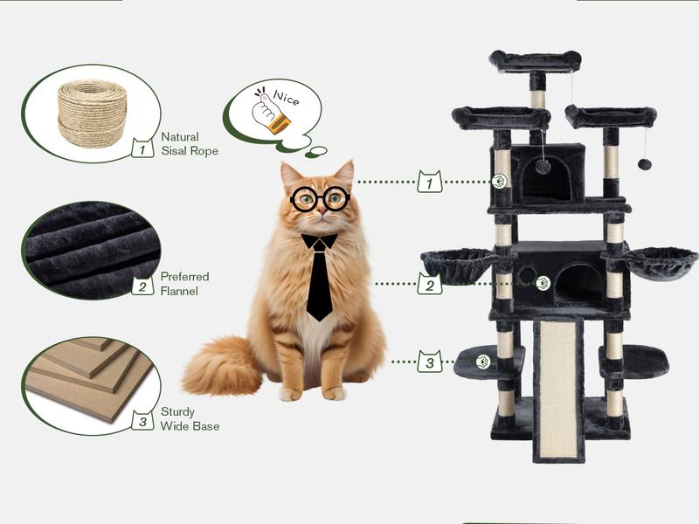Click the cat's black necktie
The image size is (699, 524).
tap(319, 275)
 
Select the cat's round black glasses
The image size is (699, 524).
tap(320, 199)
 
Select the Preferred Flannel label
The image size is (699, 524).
tap(184, 284)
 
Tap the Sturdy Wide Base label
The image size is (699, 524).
tap(189, 418)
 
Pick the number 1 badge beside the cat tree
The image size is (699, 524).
tap(429, 182)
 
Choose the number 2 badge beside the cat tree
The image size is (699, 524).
tap(429, 284)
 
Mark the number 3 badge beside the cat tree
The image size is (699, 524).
tap(429, 361)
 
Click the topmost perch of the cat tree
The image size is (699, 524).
tap(535, 61)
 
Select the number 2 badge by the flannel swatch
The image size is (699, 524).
tap(142, 285)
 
